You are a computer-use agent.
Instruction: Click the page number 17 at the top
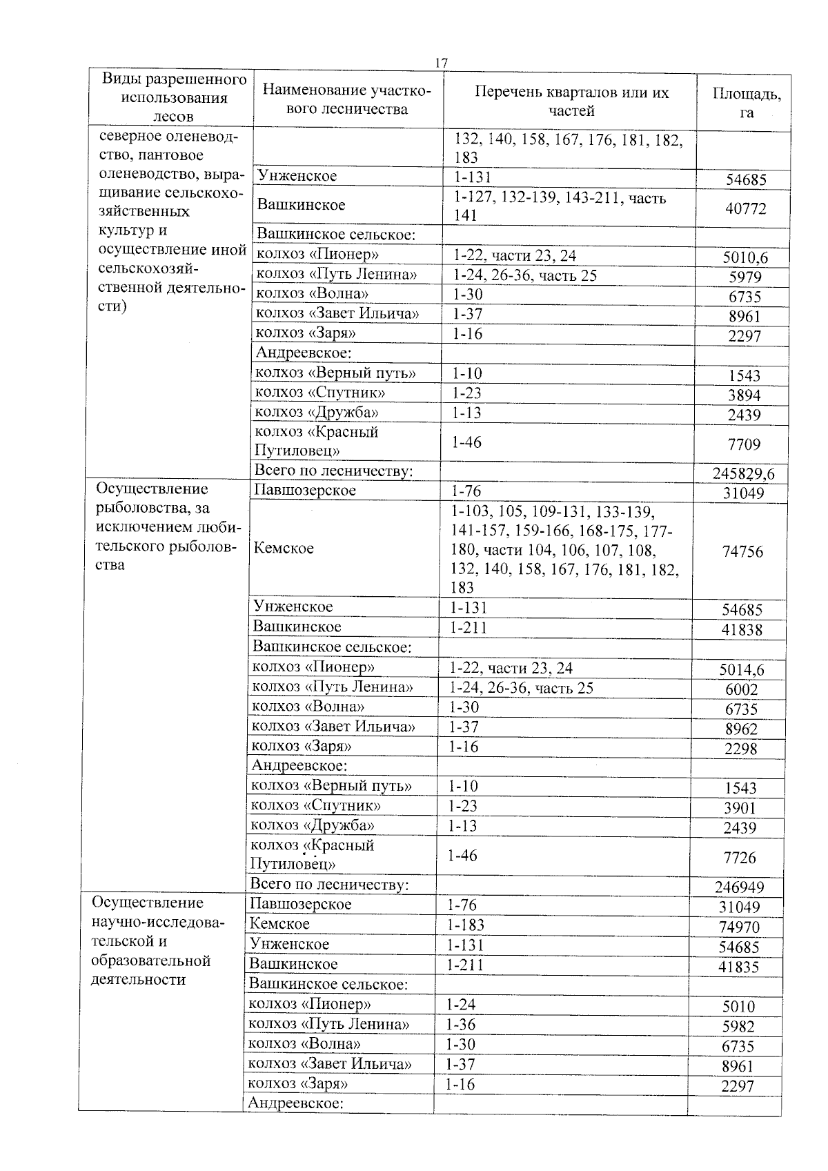click(x=441, y=63)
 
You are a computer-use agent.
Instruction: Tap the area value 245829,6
click(x=743, y=473)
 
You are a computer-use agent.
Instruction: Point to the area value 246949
click(x=739, y=887)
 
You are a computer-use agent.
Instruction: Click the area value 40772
click(x=745, y=208)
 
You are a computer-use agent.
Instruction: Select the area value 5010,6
click(x=745, y=258)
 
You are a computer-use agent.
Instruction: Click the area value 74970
click(x=739, y=927)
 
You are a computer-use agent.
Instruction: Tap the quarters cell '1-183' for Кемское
click(x=466, y=925)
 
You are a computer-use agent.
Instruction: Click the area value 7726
click(x=740, y=858)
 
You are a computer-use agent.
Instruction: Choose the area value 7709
click(x=744, y=444)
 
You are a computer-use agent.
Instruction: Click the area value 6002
click(x=742, y=689)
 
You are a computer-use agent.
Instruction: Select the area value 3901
click(x=740, y=808)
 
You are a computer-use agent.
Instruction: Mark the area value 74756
click(x=742, y=551)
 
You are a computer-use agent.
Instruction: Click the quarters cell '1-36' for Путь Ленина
click(x=462, y=1025)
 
